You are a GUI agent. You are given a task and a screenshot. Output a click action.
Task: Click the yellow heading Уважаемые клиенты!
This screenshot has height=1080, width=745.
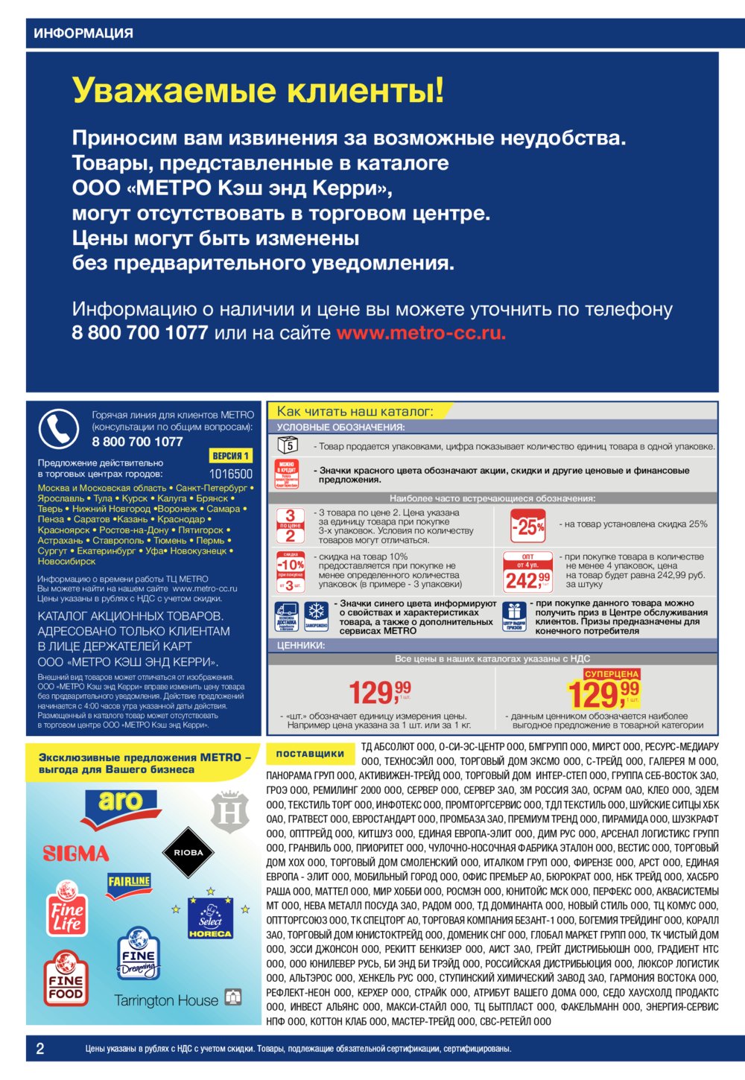pyautogui.click(x=258, y=91)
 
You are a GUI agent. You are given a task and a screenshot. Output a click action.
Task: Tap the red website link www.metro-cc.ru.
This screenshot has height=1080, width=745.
pyautogui.click(x=421, y=333)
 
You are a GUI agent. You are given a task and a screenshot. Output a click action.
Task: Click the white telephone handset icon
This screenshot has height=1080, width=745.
pyautogui.click(x=58, y=428)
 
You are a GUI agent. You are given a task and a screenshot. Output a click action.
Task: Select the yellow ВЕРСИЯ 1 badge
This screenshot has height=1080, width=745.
pyautogui.click(x=231, y=456)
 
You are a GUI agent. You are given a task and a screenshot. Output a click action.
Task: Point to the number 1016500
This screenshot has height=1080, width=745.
pyautogui.click(x=231, y=474)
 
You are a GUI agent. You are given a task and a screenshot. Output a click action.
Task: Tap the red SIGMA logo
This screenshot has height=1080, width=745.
pyautogui.click(x=76, y=854)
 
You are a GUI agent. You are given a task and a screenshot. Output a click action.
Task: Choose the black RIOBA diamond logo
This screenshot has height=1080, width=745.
pyautogui.click(x=188, y=853)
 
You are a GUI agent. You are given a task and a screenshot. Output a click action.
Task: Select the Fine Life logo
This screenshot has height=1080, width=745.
pyautogui.click(x=66, y=909)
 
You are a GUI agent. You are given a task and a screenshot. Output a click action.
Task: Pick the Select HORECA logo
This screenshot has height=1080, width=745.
pyautogui.click(x=210, y=918)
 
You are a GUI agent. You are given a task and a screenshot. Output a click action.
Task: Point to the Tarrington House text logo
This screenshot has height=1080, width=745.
pyautogui.click(x=166, y=1000)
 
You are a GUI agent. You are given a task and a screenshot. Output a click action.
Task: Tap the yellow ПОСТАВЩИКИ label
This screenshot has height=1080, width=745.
pyautogui.click(x=310, y=754)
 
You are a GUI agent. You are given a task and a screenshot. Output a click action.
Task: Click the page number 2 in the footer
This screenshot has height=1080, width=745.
pyautogui.click(x=40, y=1049)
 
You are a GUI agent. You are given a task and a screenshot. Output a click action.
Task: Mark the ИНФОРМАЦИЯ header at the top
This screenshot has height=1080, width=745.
pyautogui.click(x=83, y=34)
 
